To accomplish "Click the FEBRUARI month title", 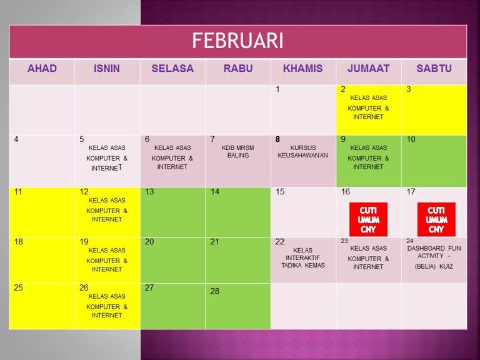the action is point(237,41).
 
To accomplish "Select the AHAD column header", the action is point(42,68).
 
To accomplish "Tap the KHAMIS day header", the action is point(302,68).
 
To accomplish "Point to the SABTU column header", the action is point(434,68).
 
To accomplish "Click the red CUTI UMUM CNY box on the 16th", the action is point(368,219).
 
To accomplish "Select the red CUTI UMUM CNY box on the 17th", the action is point(436,219).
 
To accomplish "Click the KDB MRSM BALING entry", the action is point(238,151).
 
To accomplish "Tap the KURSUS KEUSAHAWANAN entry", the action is point(302,151).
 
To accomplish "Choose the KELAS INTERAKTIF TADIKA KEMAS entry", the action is point(302,257).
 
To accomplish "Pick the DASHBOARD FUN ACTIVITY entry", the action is point(434,257).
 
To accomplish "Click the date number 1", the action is point(277,89).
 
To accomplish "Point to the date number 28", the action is point(214,291).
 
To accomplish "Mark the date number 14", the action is point(214,192).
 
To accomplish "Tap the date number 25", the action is point(18,287).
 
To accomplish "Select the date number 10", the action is point(411,139).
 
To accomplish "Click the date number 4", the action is point(16,139).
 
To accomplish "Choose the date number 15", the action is point(280,192).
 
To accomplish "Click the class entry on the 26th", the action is point(107,306).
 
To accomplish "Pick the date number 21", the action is point(214,242).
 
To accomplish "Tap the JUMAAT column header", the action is point(368,68).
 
